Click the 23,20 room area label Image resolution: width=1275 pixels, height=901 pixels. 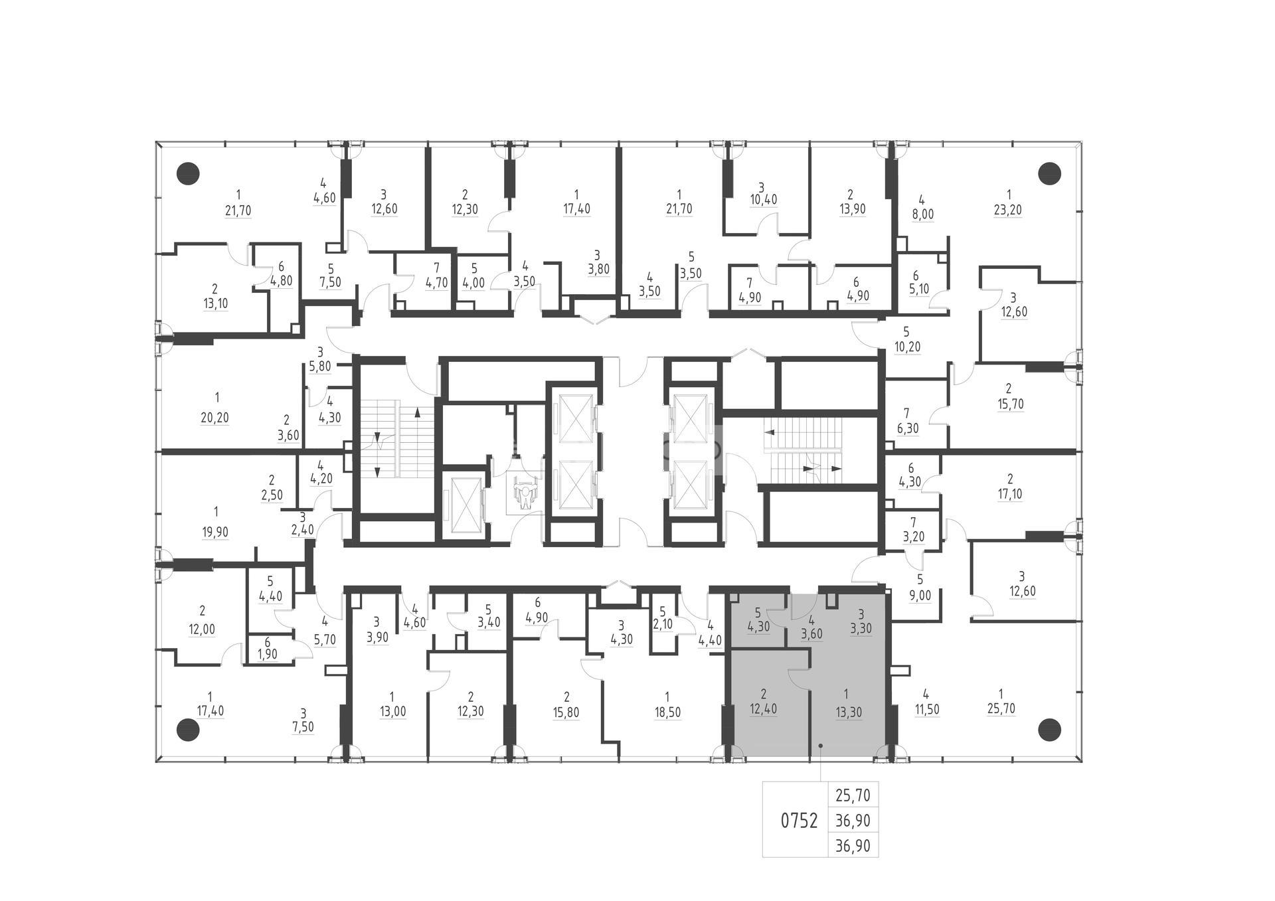point(1008,210)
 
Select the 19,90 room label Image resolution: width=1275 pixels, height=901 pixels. point(215,532)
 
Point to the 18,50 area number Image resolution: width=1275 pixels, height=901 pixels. point(667,712)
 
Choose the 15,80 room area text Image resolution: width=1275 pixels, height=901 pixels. point(566,712)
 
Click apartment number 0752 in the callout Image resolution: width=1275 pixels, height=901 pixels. point(799,821)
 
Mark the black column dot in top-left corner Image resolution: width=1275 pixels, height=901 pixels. point(188,173)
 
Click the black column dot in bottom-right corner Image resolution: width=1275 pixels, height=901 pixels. point(1049,730)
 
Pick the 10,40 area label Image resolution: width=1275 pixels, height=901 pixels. point(763,199)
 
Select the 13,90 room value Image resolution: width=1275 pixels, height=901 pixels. point(851,209)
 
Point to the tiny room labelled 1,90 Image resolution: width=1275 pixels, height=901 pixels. point(267,654)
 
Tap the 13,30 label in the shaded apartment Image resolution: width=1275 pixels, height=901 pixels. point(846,712)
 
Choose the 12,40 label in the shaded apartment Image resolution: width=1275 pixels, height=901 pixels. point(764,709)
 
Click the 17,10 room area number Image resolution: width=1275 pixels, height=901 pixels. point(1010,494)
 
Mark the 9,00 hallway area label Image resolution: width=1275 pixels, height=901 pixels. point(920,596)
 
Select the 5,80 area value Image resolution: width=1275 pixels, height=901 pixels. point(319,367)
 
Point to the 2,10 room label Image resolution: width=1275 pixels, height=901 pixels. point(662,624)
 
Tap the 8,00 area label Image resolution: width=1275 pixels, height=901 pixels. point(922,215)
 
